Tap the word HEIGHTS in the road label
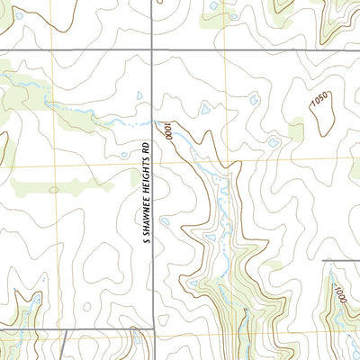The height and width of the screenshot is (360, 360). click(144, 175)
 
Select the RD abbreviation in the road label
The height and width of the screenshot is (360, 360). click(144, 146)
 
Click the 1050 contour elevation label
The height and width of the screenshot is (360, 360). click(319, 100)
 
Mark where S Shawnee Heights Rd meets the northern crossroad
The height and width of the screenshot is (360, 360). click(151, 50)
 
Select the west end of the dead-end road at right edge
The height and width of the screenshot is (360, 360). click(322, 262)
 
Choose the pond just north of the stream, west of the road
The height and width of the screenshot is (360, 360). click(139, 95)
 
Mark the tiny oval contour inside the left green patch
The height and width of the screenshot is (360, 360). click(53, 190)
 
